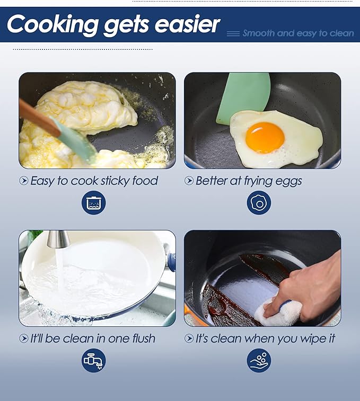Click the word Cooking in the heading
[52, 24]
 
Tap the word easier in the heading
[187, 24]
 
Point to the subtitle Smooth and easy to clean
[298, 33]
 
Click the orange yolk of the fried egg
[265, 138]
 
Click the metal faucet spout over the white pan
[58, 239]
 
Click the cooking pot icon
[93, 202]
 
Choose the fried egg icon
[259, 202]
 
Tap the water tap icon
[93, 360]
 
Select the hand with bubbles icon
[259, 360]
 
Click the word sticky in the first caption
[115, 181]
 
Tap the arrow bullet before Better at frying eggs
[189, 181]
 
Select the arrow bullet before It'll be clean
[23, 338]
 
